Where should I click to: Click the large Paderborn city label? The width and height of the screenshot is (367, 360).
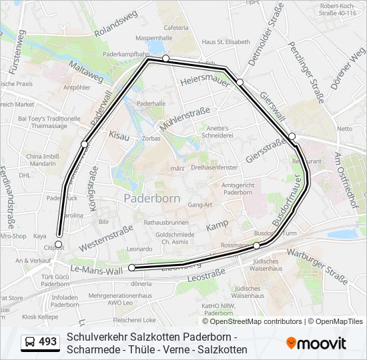coord(151,199)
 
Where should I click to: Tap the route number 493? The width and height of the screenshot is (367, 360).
coord(47,342)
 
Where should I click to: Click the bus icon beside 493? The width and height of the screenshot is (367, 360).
coord(30,342)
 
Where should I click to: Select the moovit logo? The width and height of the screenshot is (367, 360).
coord(316,343)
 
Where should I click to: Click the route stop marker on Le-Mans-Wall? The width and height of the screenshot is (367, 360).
coord(131,267)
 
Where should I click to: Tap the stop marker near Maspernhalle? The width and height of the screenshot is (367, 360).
coord(165,59)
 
